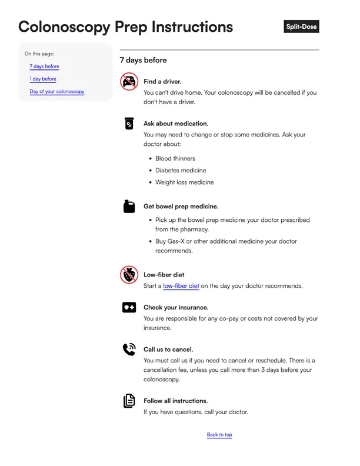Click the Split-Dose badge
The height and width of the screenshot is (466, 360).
(301, 27)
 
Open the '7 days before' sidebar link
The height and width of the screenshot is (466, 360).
(44, 66)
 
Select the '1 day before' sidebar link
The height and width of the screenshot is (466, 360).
(43, 79)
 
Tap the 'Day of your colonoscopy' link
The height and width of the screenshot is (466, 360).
(57, 91)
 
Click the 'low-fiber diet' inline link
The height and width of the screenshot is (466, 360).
(181, 286)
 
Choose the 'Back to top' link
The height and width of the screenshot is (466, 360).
(219, 435)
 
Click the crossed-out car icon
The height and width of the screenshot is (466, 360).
(129, 81)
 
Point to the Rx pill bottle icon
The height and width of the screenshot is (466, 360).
(129, 124)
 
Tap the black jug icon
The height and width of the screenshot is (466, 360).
(129, 206)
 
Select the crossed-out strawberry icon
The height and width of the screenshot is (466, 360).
(129, 275)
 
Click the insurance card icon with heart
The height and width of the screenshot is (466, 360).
(129, 307)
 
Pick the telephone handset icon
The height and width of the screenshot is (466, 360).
(129, 349)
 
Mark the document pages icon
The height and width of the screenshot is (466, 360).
(129, 401)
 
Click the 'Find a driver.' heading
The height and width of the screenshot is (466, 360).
(162, 82)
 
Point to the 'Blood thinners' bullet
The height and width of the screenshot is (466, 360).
(175, 158)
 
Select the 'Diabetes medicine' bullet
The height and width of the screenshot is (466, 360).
(181, 170)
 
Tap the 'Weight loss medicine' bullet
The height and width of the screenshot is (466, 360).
(185, 182)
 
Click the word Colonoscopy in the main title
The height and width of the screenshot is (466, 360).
(64, 27)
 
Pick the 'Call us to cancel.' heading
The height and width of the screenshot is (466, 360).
(168, 349)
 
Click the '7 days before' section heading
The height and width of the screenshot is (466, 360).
(143, 60)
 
